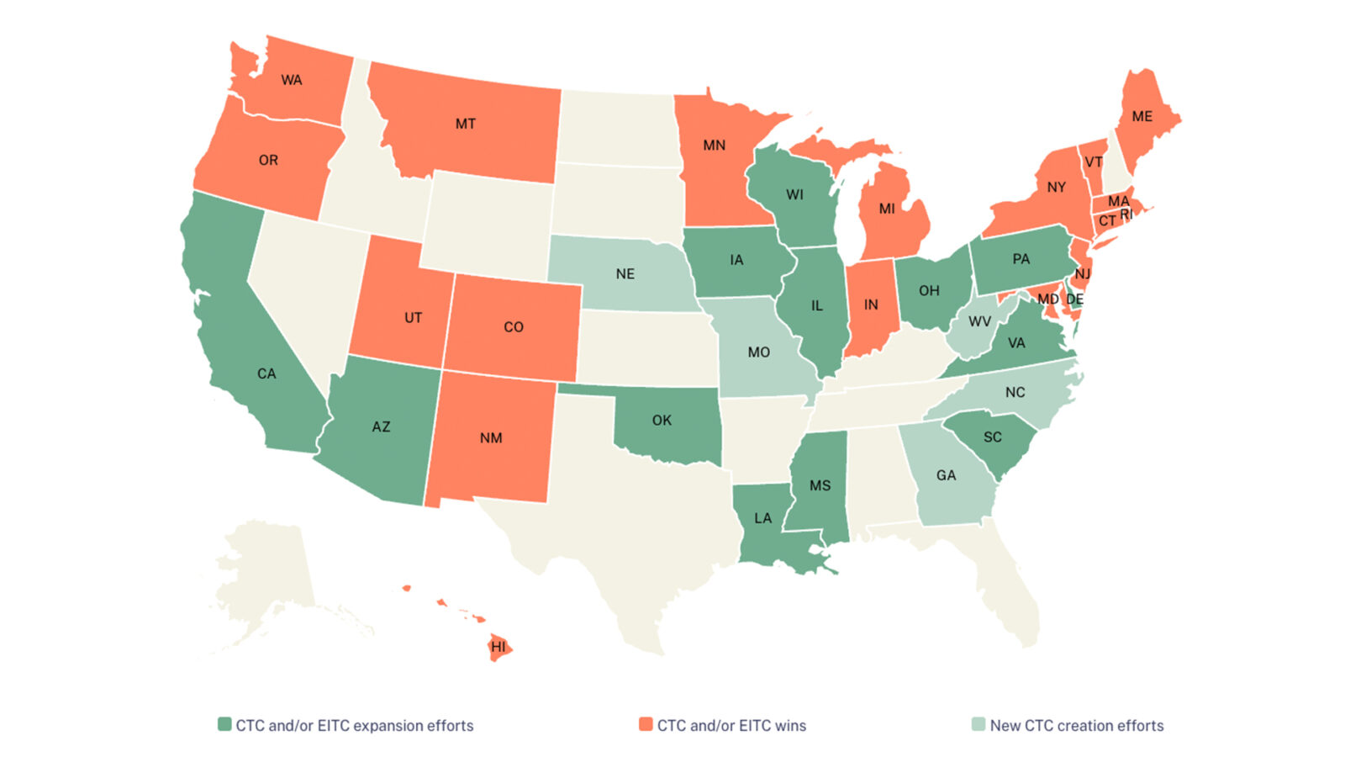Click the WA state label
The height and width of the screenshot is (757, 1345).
point(292,81)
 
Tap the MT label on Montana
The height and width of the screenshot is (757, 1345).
point(466,124)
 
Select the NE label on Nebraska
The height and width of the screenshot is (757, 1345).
point(625,274)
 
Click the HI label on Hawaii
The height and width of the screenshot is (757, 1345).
point(498,647)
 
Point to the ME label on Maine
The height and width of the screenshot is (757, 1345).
point(1142,117)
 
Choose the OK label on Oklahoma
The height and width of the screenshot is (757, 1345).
point(662,420)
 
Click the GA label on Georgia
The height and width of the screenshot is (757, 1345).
point(946,475)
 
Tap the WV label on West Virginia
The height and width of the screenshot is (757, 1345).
point(979,321)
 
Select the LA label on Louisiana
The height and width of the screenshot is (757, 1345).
point(762,518)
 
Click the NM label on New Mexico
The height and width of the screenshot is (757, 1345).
point(491,438)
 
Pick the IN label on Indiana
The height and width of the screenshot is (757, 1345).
point(871,305)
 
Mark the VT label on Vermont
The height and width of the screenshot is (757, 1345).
point(1094,162)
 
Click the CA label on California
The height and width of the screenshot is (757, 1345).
point(266,373)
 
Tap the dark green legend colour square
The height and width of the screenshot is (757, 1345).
point(224,724)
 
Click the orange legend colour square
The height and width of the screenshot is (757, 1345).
point(646,724)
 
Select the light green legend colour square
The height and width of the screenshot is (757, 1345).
point(978,724)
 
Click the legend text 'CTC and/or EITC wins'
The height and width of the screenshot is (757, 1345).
point(731,725)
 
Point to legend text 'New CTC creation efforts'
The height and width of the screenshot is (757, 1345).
point(1077,725)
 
